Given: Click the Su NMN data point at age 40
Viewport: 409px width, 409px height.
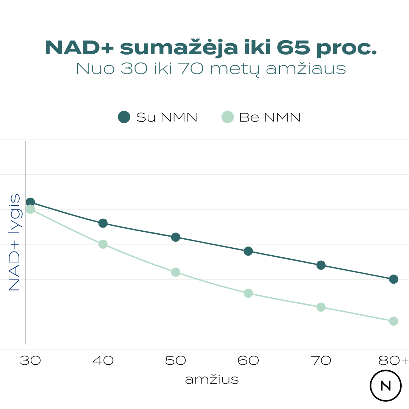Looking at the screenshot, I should point(103,223).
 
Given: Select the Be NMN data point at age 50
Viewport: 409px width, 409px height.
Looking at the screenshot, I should point(176,272).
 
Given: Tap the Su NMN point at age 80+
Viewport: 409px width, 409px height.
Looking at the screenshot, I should point(393,279).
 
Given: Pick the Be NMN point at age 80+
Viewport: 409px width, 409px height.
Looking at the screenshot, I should point(393,321).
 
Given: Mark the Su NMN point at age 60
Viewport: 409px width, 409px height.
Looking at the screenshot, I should point(248,251).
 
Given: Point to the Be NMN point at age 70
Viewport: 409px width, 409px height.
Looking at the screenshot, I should point(321,307).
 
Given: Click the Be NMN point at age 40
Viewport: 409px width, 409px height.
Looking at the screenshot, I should point(103,244).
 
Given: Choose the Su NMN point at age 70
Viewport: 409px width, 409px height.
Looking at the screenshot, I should point(321,265).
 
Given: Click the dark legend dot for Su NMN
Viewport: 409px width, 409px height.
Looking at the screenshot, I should point(124,117).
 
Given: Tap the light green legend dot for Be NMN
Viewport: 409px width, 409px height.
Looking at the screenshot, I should point(228,117).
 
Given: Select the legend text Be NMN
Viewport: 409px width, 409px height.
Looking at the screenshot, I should point(270,117).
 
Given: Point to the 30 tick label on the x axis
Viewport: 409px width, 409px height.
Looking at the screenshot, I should point(30,361).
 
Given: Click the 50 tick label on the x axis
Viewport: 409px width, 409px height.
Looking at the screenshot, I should point(176,361).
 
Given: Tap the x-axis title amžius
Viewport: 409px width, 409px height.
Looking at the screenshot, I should point(212,379).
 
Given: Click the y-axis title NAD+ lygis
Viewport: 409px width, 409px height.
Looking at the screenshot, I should point(14,242).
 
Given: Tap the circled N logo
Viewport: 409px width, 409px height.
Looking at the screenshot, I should point(386,386).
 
